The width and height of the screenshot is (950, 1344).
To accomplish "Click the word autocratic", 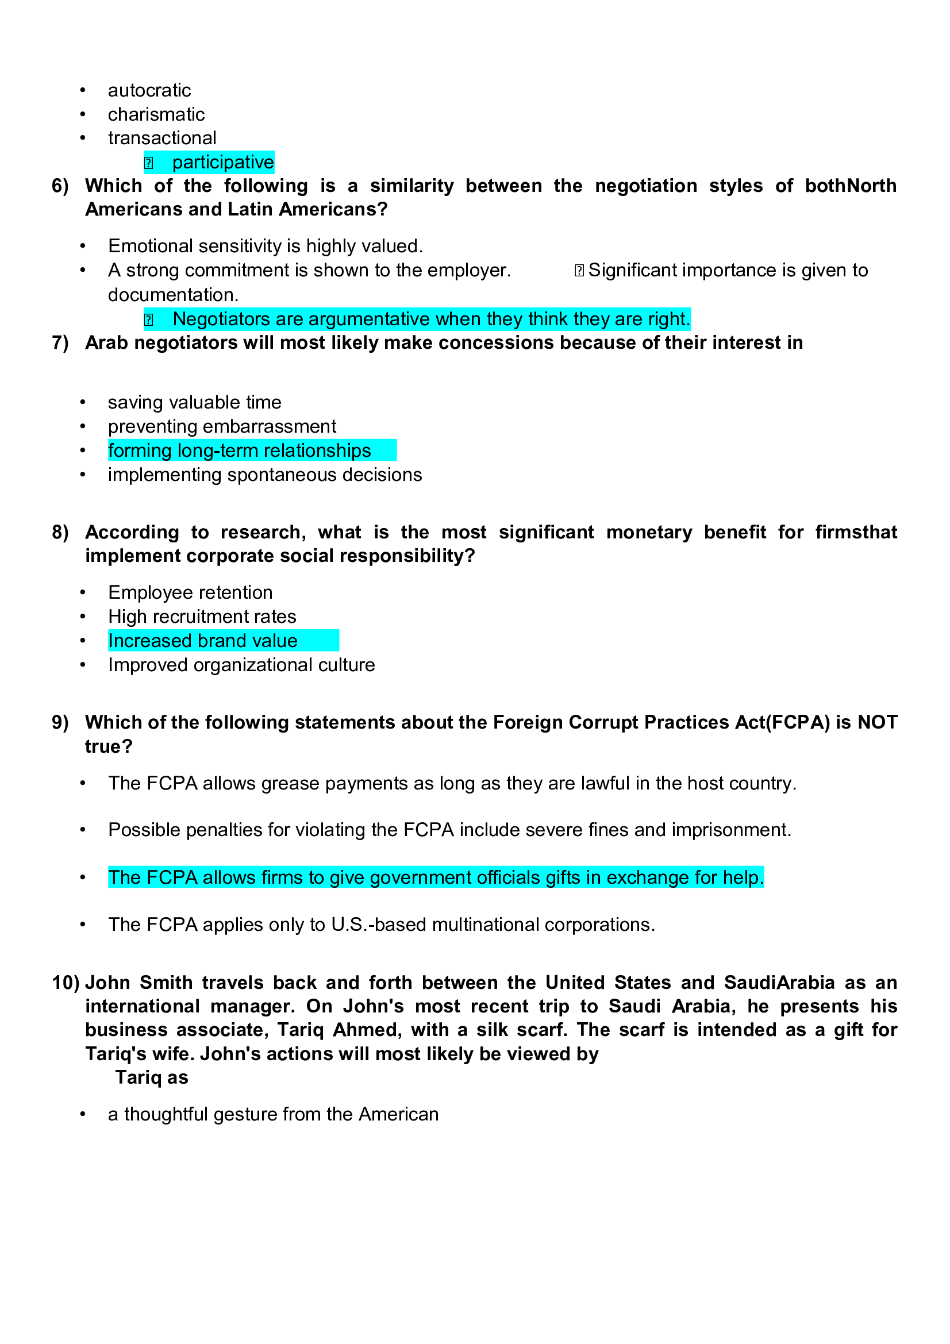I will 149,90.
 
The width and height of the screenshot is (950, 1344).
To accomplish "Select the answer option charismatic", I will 156,114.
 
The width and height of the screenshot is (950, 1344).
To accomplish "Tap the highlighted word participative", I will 222,162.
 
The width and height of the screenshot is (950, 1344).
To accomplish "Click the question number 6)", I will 60,186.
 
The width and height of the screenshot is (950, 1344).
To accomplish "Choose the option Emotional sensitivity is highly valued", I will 265,246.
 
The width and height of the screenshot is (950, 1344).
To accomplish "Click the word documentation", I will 172,294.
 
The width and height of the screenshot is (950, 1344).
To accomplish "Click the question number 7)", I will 60,342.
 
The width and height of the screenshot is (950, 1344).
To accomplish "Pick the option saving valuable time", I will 194,402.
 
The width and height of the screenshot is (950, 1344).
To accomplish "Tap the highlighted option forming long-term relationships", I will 240,450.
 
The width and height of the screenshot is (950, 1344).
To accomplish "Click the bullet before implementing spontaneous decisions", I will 83,475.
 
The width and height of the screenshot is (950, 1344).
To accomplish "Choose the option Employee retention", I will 190,592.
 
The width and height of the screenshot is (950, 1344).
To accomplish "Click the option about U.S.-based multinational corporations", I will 381,925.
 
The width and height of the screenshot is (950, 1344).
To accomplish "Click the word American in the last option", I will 398,1114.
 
